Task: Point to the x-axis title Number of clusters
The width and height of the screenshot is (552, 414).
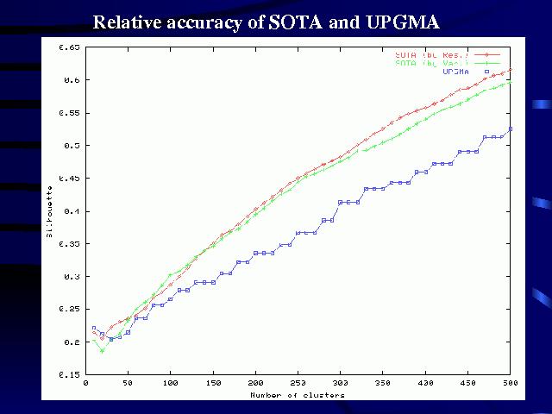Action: [x=298, y=395]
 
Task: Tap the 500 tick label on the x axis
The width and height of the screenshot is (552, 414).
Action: [x=510, y=382]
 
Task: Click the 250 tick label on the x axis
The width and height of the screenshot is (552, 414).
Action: [x=298, y=382]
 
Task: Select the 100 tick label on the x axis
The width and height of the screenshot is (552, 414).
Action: [x=170, y=382]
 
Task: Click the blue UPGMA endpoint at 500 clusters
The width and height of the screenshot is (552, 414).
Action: [x=511, y=129]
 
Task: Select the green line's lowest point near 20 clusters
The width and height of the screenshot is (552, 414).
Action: [x=102, y=350]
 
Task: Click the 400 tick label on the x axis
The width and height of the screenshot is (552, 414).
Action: [x=425, y=382]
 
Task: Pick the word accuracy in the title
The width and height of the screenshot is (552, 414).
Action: [x=210, y=22]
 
